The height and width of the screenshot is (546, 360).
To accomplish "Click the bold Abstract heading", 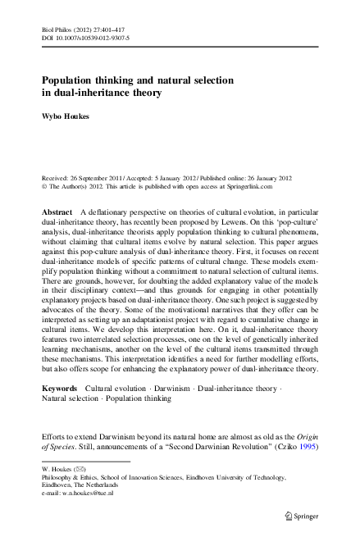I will (x=57, y=212).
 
